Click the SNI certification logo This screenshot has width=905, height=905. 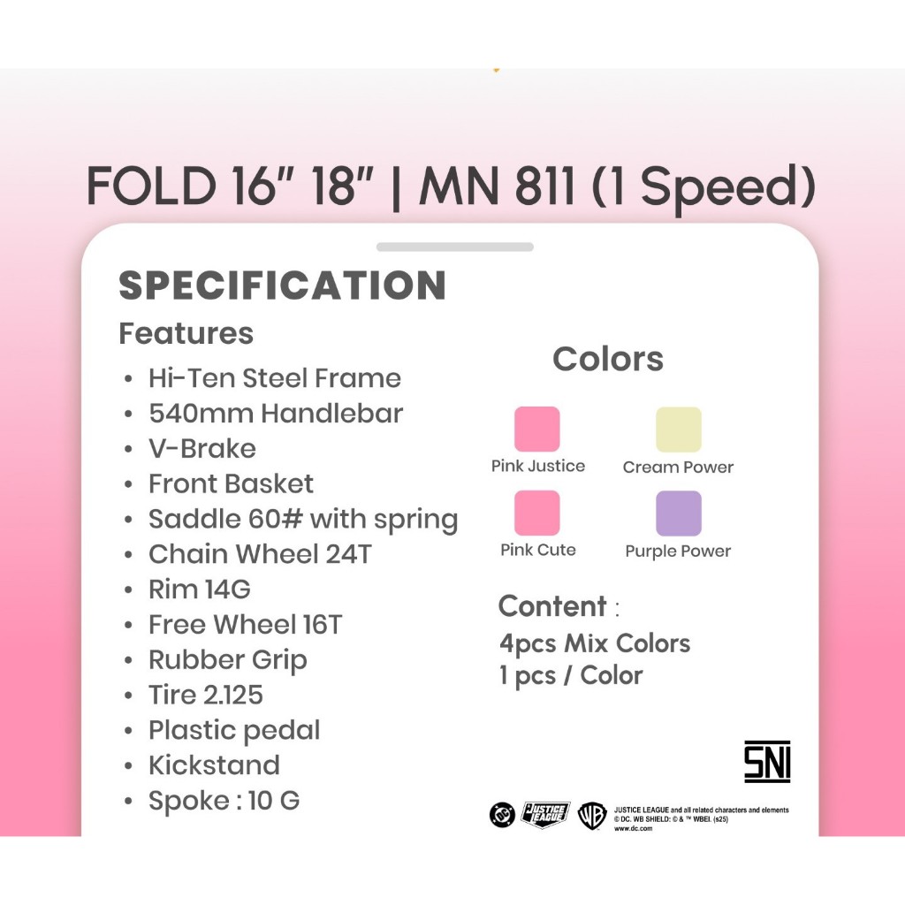pyautogui.click(x=767, y=762)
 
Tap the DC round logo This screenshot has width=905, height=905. pyautogui.click(x=502, y=815)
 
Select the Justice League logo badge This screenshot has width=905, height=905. pyautogui.click(x=545, y=814)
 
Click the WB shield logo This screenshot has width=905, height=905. pyautogui.click(x=592, y=816)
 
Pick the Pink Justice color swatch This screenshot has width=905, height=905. pyautogui.click(x=536, y=429)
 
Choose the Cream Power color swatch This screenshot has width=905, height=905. pyautogui.click(x=679, y=430)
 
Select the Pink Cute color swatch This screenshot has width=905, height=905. pyautogui.click(x=536, y=513)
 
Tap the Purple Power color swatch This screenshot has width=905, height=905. pyautogui.click(x=679, y=513)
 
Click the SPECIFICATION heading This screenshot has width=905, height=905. pyautogui.click(x=282, y=285)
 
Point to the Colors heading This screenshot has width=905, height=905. pyautogui.click(x=608, y=359)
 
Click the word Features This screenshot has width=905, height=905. pyautogui.click(x=186, y=333)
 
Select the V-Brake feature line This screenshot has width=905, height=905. pyautogui.click(x=202, y=448)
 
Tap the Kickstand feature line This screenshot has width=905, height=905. pyautogui.click(x=214, y=765)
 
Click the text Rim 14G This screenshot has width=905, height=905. pyautogui.click(x=200, y=589)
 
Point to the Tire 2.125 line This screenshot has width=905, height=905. pyautogui.click(x=206, y=695)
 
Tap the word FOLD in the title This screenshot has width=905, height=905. pyautogui.click(x=150, y=186)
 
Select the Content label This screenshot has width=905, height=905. pyautogui.click(x=552, y=606)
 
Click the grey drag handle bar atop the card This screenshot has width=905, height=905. pyautogui.click(x=455, y=247)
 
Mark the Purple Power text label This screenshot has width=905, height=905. pyautogui.click(x=678, y=551)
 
